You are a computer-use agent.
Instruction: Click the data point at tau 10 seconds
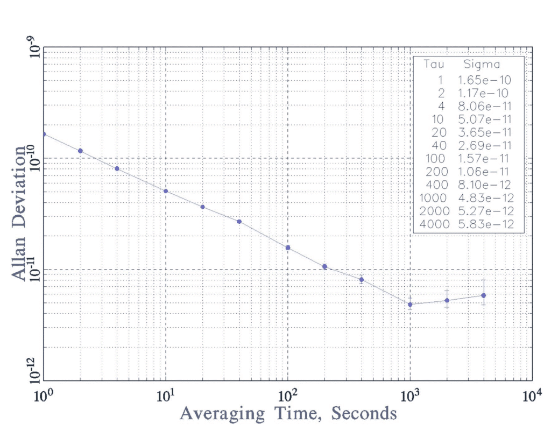[x=166, y=191]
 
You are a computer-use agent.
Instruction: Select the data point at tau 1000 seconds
[x=410, y=305]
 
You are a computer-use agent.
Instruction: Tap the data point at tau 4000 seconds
[x=484, y=295]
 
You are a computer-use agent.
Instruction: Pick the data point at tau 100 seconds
[x=288, y=248]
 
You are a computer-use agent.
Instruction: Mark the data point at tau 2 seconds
[x=80, y=151]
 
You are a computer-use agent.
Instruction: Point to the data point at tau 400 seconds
[x=362, y=280]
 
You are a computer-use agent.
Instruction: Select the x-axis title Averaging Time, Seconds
[x=288, y=414]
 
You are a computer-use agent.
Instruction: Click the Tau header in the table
[x=434, y=66]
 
